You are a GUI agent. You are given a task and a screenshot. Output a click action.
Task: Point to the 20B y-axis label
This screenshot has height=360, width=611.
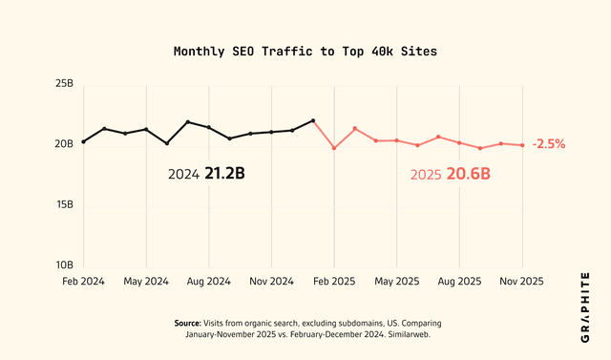pos(64,144)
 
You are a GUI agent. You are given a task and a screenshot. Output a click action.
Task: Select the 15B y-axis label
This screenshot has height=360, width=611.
pos(64,204)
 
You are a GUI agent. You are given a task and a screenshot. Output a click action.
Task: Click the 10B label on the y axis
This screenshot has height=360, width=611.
pos(64,265)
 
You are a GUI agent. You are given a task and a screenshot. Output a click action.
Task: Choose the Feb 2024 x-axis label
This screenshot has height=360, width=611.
pos(83,282)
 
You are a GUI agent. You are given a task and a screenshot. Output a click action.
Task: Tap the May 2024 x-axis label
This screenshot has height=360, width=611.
pos(146,282)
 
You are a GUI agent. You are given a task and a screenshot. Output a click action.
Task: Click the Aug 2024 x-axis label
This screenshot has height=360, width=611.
pos(208,282)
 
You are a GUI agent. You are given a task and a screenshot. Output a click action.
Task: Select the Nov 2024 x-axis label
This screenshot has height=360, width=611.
pos(271,282)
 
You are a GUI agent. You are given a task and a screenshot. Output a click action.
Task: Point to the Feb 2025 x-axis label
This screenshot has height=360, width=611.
pos(334,282)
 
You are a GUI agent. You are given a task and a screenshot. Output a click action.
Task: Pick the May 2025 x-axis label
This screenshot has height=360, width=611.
pos(396,282)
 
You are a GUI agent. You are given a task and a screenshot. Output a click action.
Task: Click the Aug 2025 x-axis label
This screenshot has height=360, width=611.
pos(459,282)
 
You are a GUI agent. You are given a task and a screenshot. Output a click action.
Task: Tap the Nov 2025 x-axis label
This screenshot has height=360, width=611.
pos(522,282)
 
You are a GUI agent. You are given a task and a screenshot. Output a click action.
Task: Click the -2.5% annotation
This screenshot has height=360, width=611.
pos(549,145)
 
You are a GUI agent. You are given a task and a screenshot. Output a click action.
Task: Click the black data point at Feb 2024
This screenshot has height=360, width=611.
pos(83,141)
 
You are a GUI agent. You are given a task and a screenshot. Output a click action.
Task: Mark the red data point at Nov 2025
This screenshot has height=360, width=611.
pos(522,145)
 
